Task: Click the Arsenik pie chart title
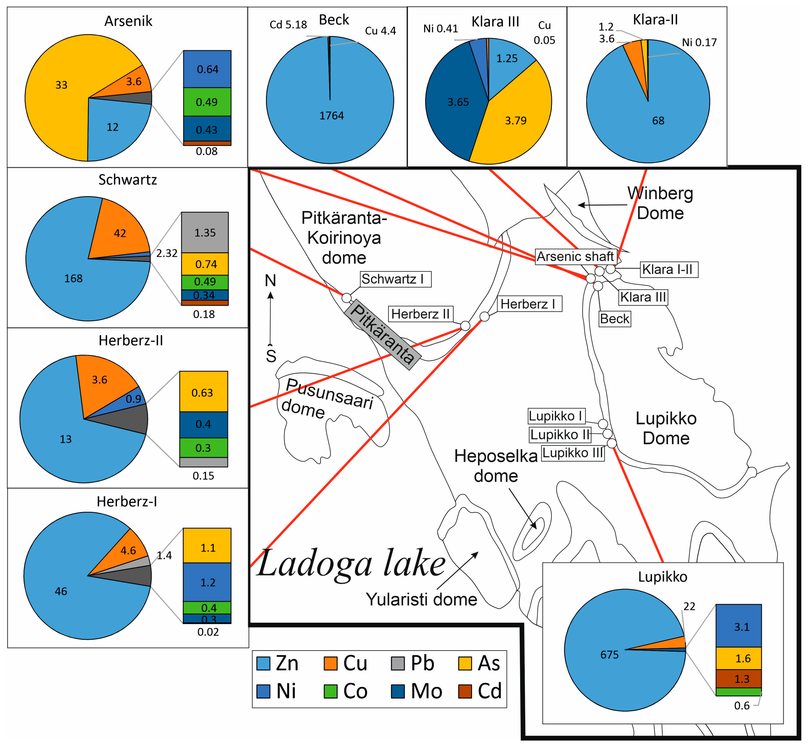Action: tap(128, 21)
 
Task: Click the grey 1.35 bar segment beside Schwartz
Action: tap(205, 232)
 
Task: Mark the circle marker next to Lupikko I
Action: tap(603, 423)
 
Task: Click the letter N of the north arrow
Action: tap(271, 280)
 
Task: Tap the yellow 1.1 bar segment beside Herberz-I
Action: tap(207, 548)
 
